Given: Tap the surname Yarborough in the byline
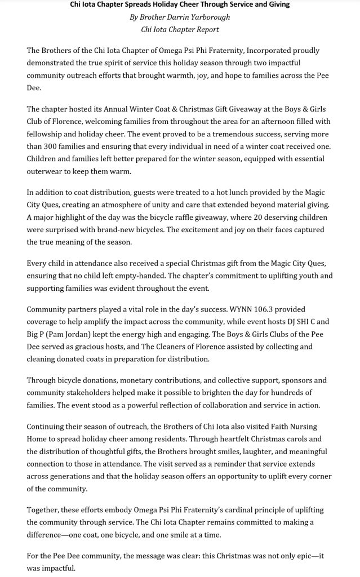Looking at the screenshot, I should pos(206,17).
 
